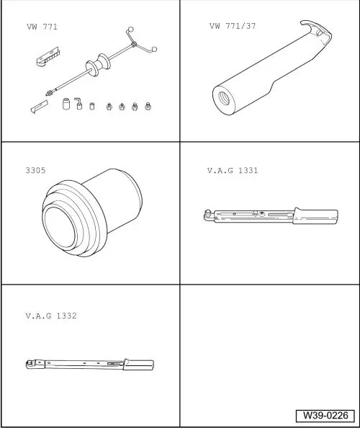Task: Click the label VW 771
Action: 42,27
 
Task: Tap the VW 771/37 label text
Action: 233,26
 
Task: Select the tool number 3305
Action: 35,170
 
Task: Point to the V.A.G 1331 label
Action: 233,170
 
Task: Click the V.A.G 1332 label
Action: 51,316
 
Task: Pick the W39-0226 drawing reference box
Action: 325,416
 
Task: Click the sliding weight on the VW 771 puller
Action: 98,65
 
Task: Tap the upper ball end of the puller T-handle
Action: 131,30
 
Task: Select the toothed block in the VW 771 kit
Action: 48,56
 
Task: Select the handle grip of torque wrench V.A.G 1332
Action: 138,365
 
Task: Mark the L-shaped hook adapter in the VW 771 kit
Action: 78,104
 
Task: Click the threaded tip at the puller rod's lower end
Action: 50,93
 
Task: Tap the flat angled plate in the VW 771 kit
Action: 40,106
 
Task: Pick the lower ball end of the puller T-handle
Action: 154,50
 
